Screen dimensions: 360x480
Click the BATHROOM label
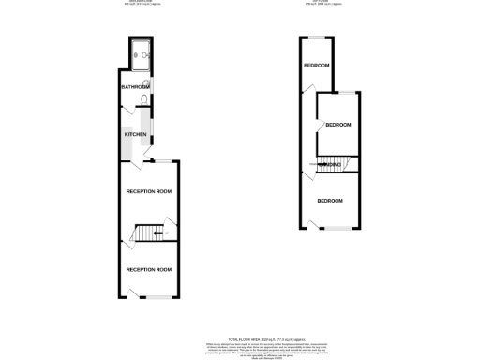point(135,87)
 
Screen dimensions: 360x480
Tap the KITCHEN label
point(135,135)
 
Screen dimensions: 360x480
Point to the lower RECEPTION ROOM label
point(149,270)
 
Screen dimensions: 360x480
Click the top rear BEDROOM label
point(315,66)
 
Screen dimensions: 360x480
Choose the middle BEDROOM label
point(337,125)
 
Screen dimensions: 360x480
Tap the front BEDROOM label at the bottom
point(330,202)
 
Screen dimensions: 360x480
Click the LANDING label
point(329,165)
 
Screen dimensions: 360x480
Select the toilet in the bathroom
point(142,99)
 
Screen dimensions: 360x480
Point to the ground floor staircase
point(149,232)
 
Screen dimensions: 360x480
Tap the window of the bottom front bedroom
point(337,228)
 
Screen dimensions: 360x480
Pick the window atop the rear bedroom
point(316,38)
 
